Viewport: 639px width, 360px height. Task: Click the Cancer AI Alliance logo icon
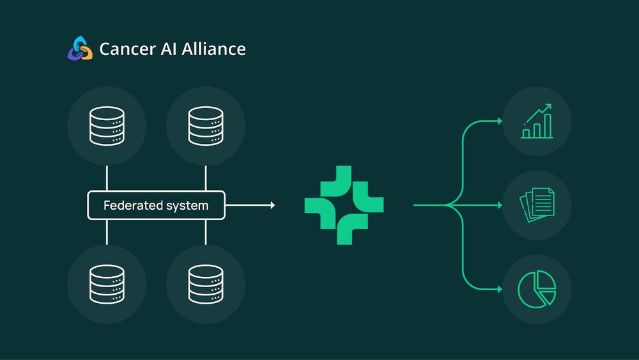coord(80,49)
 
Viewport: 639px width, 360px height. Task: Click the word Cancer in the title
coord(125,49)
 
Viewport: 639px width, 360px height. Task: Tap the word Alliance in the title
coord(215,49)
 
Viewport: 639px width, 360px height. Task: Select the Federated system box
coord(156,205)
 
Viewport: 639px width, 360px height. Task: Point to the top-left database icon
coord(107,126)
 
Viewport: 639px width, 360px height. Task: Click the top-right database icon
coord(205,126)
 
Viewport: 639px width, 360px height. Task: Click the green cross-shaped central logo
coord(344,205)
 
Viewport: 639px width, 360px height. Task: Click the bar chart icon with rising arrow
coord(537,121)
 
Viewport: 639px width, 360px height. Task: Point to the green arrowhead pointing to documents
coord(499,205)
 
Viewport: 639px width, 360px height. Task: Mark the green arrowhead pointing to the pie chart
coord(499,289)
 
